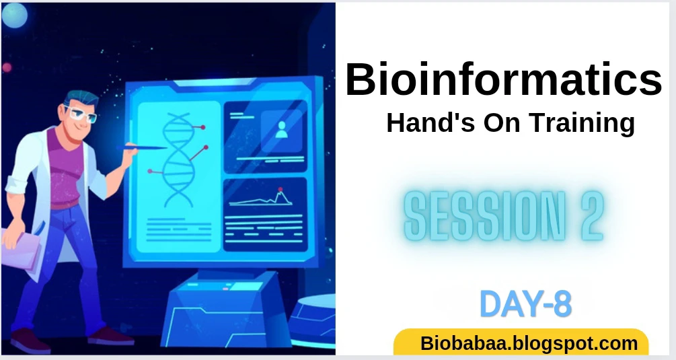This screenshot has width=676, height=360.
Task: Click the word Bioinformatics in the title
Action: pos(504,79)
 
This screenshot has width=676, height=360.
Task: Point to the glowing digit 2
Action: pos(591,215)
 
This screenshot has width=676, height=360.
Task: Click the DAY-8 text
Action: pos(525,304)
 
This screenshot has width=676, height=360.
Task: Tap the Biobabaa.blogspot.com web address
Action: pos(529,344)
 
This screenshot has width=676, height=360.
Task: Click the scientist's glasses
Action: pos(81,114)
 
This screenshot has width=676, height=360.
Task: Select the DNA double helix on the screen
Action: pos(178,159)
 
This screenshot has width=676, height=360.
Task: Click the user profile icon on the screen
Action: pos(282,130)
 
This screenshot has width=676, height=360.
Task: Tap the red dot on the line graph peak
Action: pos(280,189)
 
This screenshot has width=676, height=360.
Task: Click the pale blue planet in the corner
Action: pos(15,15)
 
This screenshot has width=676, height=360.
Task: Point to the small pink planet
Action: pos(7,67)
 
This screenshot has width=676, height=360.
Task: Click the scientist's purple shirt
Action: pos(65,168)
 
